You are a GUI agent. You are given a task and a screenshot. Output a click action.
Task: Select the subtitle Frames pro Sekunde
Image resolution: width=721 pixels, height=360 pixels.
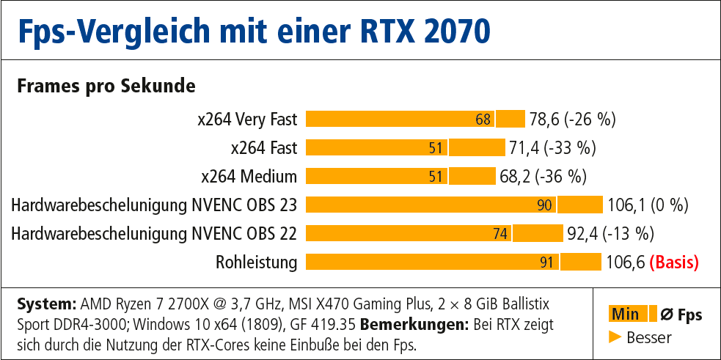tap(106, 87)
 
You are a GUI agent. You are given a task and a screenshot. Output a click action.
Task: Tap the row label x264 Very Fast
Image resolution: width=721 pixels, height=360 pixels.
tap(247, 120)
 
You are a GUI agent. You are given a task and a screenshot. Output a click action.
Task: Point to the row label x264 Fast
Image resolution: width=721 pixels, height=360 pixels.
tap(264, 148)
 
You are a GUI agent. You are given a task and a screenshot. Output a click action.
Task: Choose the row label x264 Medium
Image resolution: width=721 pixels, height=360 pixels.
tap(249, 177)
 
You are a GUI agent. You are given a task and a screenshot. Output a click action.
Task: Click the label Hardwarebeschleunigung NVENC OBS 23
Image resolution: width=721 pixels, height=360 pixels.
tap(154, 205)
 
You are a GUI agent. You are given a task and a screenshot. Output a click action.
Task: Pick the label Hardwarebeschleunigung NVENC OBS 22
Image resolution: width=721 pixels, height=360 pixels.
tap(154, 234)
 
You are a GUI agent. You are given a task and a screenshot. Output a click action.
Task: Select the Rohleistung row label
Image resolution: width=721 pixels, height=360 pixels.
tap(257, 262)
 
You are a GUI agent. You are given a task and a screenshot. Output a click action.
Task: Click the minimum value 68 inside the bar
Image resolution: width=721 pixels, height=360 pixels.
tap(483, 120)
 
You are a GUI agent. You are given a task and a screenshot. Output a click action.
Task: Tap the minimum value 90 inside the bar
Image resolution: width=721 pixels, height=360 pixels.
tap(544, 205)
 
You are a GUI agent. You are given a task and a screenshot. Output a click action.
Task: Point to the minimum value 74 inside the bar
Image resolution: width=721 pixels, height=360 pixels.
tap(500, 234)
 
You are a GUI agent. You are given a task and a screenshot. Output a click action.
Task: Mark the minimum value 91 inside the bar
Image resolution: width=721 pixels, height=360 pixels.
tap(546, 262)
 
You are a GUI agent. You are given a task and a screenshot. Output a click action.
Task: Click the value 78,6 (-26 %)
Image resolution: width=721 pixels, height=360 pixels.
tap(572, 120)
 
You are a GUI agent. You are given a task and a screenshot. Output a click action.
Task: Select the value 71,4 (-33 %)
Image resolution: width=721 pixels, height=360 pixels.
tap(552, 148)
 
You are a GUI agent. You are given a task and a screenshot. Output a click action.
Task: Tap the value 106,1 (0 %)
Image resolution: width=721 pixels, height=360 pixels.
tap(648, 205)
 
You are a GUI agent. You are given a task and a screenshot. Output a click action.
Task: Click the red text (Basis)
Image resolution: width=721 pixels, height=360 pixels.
tap(674, 262)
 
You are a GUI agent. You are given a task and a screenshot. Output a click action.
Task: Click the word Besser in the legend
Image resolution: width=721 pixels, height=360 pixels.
tap(649, 337)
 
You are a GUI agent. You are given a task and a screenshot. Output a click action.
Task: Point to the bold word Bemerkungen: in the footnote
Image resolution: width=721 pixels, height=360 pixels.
tap(404, 323)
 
